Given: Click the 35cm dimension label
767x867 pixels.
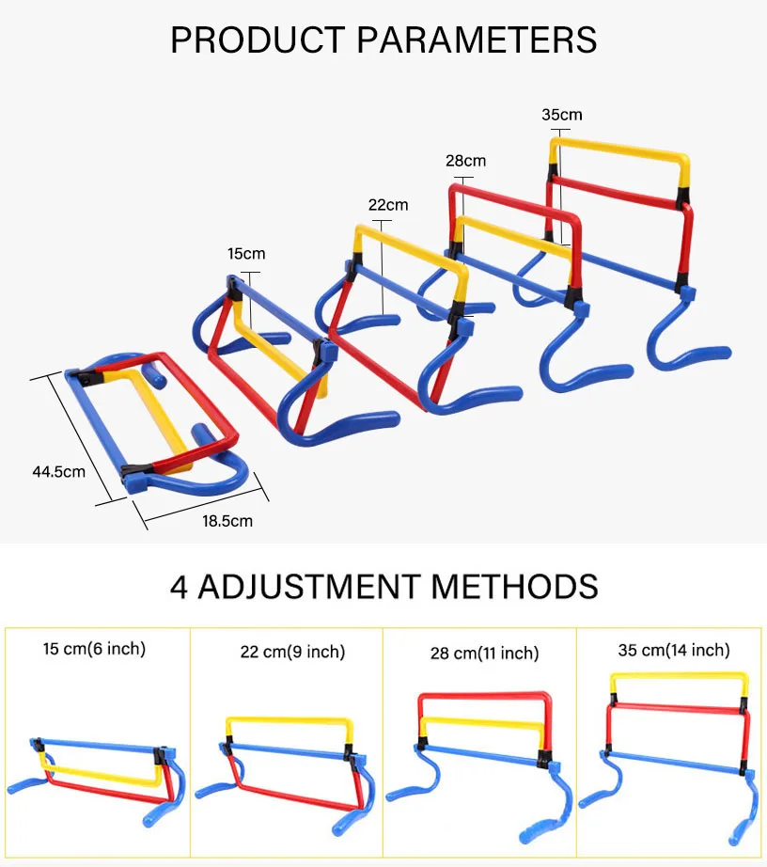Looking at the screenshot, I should point(561,115).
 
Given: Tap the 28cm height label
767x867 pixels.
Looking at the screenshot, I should point(465,161).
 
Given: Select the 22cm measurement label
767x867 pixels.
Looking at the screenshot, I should point(387,205).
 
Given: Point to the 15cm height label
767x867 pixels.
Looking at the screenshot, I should point(246,254).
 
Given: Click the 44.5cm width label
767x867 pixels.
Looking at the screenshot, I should point(58,471).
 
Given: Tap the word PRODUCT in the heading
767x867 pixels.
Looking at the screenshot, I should point(254,40).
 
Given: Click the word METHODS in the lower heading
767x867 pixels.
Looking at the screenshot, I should point(514,586).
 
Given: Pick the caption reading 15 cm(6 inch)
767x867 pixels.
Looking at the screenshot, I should point(94,648).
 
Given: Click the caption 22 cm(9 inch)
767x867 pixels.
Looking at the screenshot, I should point(292,652).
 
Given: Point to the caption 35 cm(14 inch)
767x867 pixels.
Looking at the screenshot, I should point(673,650).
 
